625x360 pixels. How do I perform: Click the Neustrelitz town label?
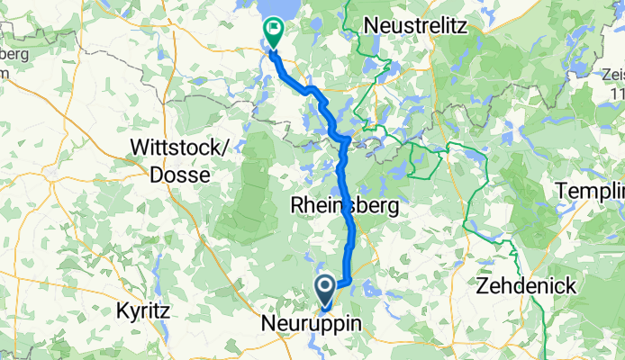(415, 26)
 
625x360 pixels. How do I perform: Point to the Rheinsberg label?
(344, 206)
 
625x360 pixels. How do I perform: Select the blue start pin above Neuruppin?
(325, 289)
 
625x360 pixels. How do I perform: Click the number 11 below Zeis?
(617, 94)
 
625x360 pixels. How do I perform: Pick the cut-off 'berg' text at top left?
(14, 54)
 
